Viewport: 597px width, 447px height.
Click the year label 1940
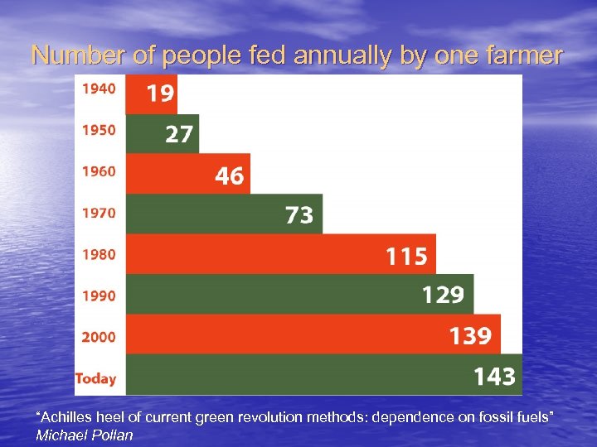tap(99, 88)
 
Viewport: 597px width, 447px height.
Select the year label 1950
tap(99, 129)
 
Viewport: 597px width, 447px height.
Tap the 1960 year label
tap(99, 171)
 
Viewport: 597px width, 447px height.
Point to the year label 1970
tap(99, 213)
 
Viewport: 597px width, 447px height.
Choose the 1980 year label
tap(99, 254)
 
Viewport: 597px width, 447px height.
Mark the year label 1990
tap(99, 296)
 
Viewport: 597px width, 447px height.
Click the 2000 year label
tap(99, 337)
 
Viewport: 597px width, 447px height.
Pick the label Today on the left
tap(96, 378)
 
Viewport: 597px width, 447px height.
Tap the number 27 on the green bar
tap(178, 134)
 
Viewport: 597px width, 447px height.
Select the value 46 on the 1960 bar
tap(230, 175)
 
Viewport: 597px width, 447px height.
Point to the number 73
tap(299, 216)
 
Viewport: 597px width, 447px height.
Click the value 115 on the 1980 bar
tap(406, 257)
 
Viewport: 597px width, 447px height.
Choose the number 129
tap(444, 295)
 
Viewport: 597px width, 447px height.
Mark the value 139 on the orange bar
tap(470, 336)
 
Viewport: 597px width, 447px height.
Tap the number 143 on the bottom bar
tap(494, 377)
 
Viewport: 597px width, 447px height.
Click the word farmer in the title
tap(524, 55)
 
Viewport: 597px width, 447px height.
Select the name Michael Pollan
tap(85, 435)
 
